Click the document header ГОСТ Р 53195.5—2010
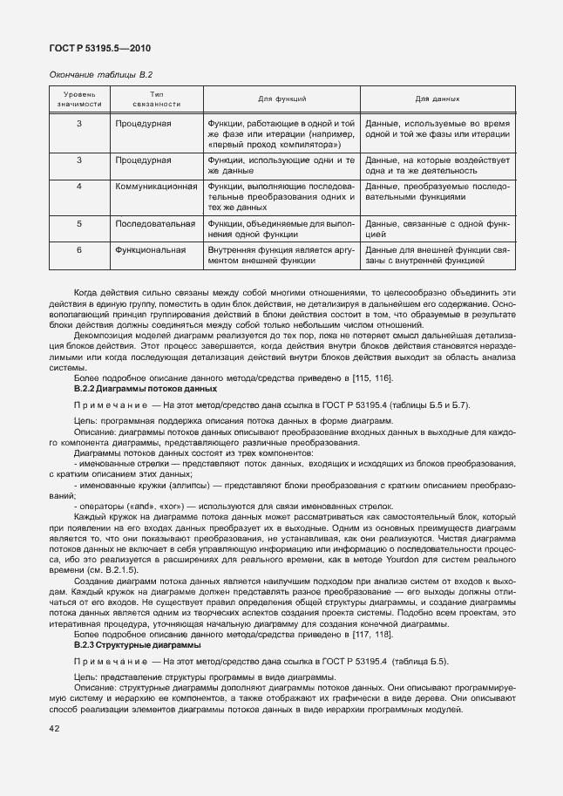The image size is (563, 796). point(98,48)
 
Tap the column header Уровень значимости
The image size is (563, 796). point(78,99)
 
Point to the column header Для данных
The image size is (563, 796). point(438,99)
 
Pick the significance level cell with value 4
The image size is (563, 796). point(78,186)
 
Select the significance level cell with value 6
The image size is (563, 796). point(78,250)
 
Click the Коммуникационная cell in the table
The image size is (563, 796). point(155,186)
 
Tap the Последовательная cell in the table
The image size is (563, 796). point(154,224)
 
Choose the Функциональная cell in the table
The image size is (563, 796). point(150,250)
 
